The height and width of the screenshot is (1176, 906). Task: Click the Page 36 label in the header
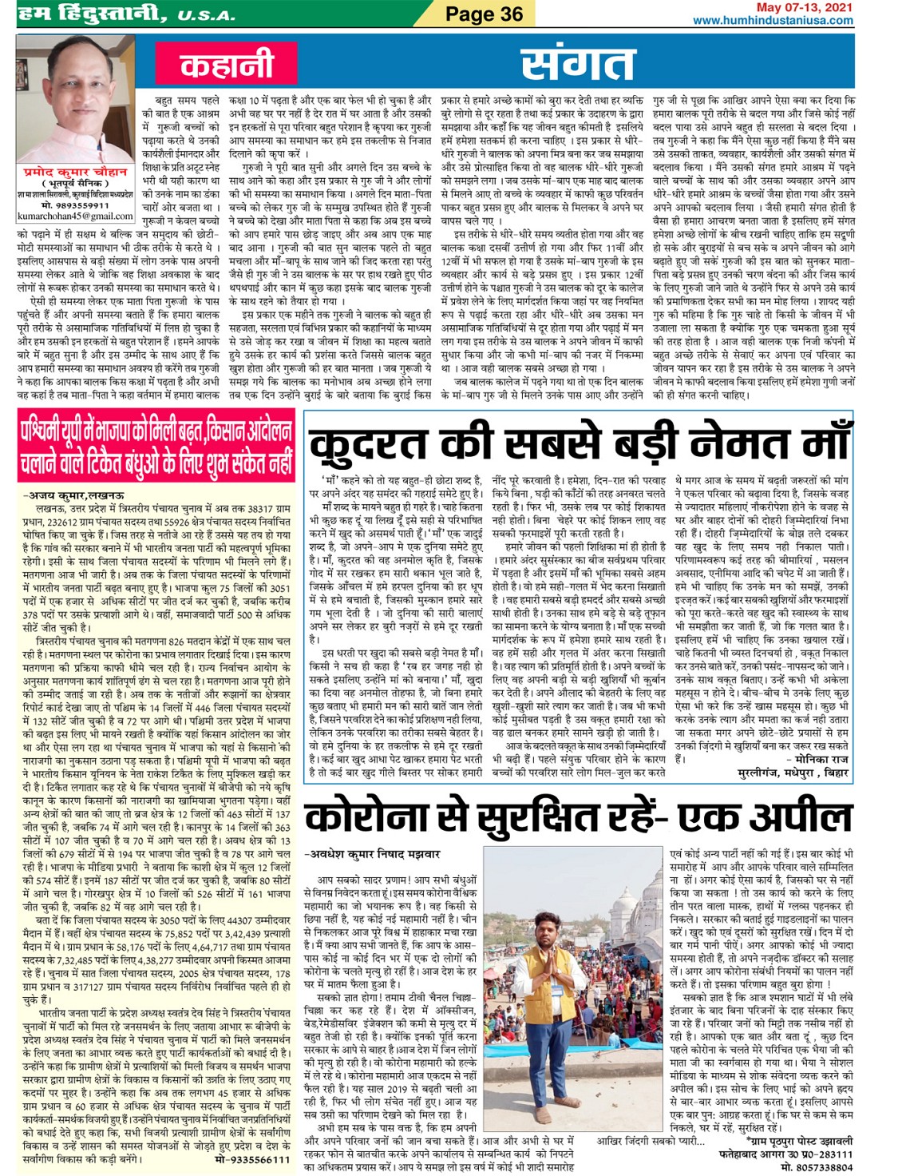coord(484,14)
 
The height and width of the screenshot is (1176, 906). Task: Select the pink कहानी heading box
coord(227,64)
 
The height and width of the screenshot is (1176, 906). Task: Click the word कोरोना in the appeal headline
coord(383,816)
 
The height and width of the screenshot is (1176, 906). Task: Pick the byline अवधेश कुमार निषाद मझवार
coord(372,854)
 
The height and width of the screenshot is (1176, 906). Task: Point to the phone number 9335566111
coord(252,1158)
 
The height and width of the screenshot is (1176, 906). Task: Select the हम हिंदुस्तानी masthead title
coord(88,14)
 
